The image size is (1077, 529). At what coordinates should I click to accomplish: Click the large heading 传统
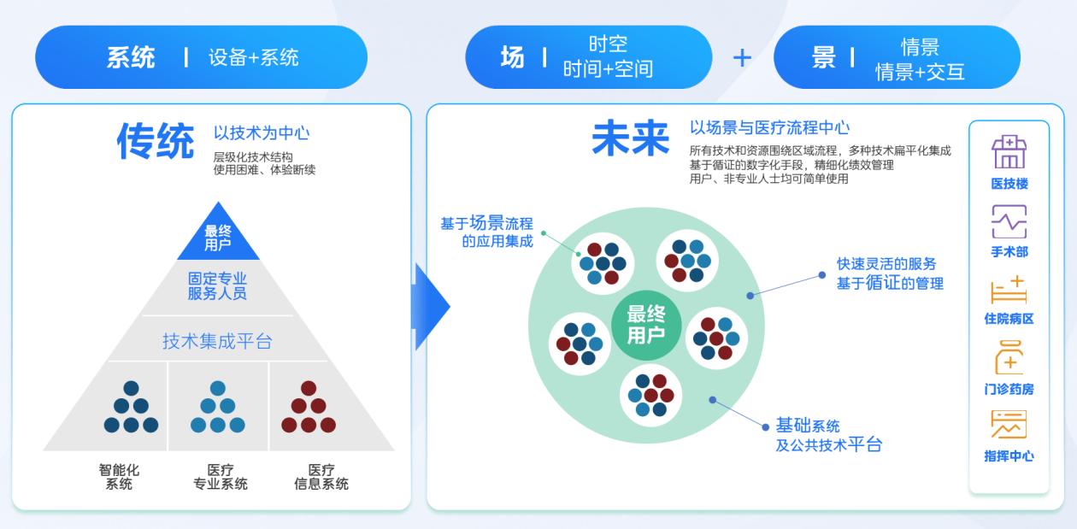click(x=156, y=141)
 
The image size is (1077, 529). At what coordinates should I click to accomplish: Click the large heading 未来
click(x=630, y=138)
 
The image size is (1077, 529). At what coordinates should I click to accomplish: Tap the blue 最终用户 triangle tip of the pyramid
click(x=218, y=237)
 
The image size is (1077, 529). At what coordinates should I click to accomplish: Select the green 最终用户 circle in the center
click(x=645, y=324)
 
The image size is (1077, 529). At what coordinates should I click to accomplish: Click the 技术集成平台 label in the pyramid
click(x=217, y=342)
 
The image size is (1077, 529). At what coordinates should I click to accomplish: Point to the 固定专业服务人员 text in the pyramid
click(x=217, y=285)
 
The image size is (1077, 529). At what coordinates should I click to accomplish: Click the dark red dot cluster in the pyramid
click(x=309, y=408)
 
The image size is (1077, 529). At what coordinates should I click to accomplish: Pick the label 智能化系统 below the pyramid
click(x=119, y=477)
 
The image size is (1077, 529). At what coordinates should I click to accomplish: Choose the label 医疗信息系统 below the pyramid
click(x=321, y=477)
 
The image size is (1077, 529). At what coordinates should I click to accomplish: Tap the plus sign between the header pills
click(x=742, y=58)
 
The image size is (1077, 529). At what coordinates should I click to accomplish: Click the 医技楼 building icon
click(x=1009, y=153)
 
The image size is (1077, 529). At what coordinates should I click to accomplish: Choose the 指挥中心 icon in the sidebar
click(x=1009, y=425)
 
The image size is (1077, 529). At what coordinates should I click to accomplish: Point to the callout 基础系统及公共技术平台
click(x=827, y=435)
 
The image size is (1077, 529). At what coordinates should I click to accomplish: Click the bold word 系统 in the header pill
click(x=131, y=58)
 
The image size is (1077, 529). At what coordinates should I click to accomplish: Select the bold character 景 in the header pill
click(x=823, y=57)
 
